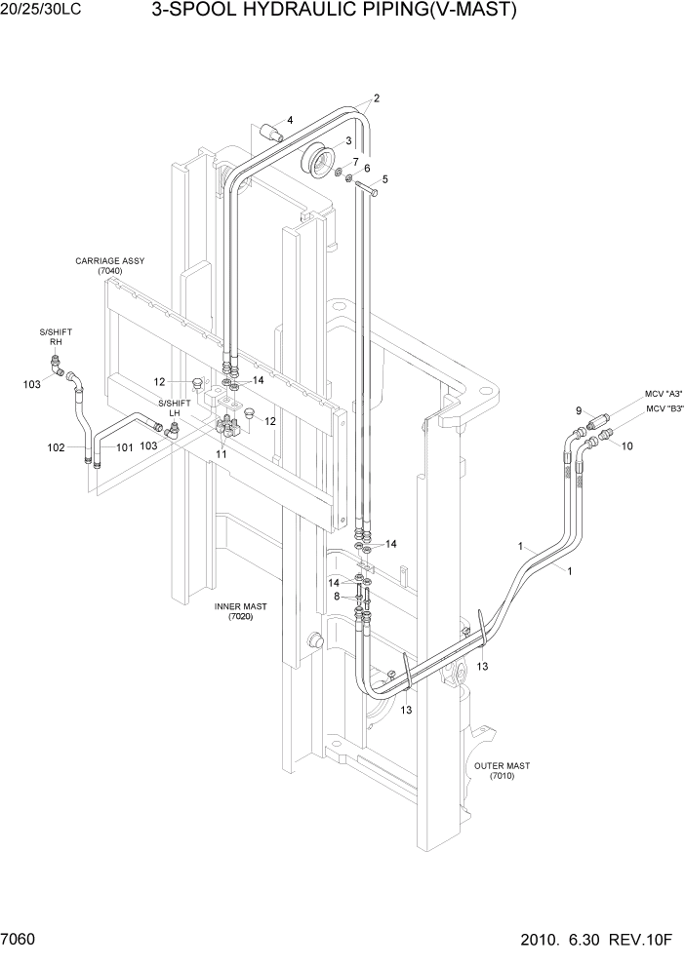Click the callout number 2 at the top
pos(377,97)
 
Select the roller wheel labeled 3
pos(319,160)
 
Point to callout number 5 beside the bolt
pos(384,179)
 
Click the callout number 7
pos(355,161)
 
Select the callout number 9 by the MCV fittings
pos(578,410)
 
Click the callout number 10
pos(627,446)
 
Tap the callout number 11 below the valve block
pos(222,454)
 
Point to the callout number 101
pos(124,448)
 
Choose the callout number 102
pos(56,447)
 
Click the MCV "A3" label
pos(663,393)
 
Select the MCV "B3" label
pos(664,409)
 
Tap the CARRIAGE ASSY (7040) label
pos(110,266)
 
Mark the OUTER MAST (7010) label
pos(502,770)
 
